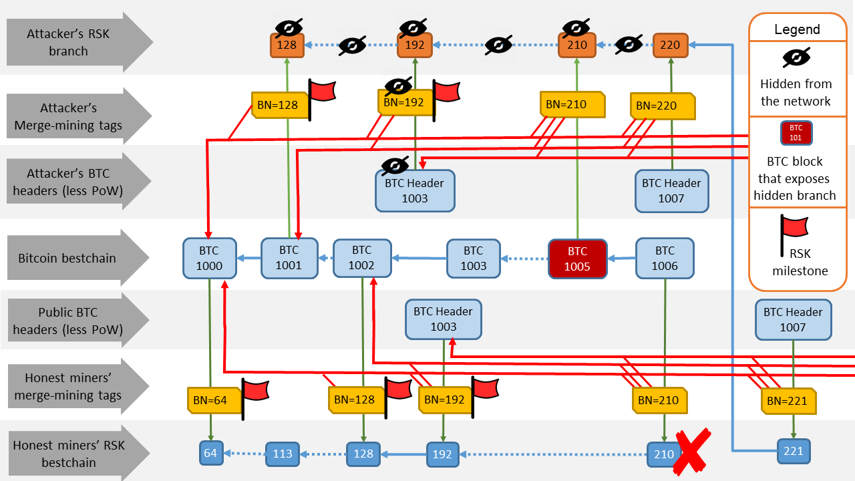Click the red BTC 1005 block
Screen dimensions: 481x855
click(577, 259)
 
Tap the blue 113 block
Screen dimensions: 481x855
click(283, 454)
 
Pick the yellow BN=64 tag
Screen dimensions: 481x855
click(210, 400)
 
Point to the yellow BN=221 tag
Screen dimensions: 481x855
click(788, 401)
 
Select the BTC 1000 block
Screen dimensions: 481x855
click(210, 259)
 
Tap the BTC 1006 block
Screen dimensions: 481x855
click(665, 259)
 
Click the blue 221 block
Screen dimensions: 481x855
click(793, 452)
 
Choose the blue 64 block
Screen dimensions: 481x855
click(210, 453)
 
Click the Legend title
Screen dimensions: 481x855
click(797, 29)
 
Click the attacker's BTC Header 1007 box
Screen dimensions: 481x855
click(671, 190)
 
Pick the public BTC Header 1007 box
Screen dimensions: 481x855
click(793, 319)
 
